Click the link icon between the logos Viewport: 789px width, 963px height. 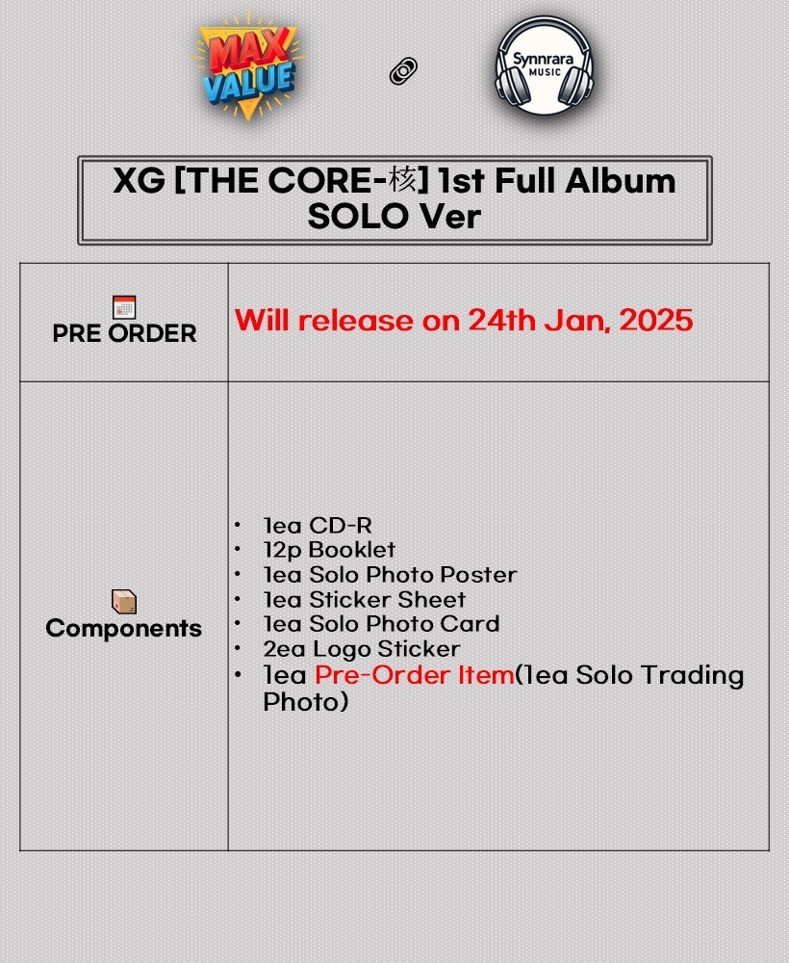(x=403, y=71)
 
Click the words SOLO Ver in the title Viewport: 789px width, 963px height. (x=394, y=217)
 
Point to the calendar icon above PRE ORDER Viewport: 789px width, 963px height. (x=124, y=307)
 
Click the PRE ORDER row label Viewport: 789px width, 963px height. (x=124, y=333)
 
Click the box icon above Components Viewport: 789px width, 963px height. (x=124, y=602)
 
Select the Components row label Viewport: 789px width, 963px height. (x=124, y=628)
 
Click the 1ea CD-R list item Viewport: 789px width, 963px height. (x=318, y=525)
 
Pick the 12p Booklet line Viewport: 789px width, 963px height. (x=329, y=550)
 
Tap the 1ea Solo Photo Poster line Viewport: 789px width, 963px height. (x=390, y=575)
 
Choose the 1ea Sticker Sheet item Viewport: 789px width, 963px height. (x=364, y=599)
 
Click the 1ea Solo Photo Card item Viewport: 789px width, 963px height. (x=381, y=624)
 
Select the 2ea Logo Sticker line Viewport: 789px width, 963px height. (x=361, y=649)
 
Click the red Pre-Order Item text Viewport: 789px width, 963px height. (x=414, y=675)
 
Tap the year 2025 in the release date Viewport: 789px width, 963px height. (x=656, y=321)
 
